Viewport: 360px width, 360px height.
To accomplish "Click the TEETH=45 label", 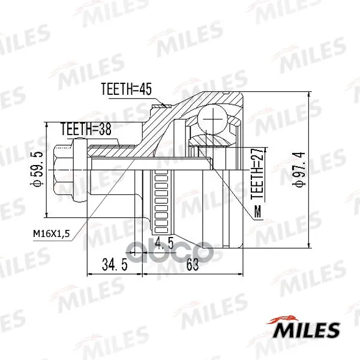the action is pyautogui.click(x=126, y=89).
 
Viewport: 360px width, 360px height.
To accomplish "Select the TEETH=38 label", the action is pyautogui.click(x=86, y=129).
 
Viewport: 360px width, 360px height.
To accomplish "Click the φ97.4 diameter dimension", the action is pyautogui.click(x=301, y=169).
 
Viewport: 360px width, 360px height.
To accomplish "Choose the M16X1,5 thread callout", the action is pyautogui.click(x=51, y=234).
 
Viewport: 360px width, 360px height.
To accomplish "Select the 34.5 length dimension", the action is pyautogui.click(x=115, y=265).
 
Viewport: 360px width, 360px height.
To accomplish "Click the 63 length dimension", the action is pyautogui.click(x=193, y=265).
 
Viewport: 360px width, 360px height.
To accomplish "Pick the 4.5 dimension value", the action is pyautogui.click(x=164, y=244).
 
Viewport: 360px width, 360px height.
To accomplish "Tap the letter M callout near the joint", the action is pyautogui.click(x=258, y=211).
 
